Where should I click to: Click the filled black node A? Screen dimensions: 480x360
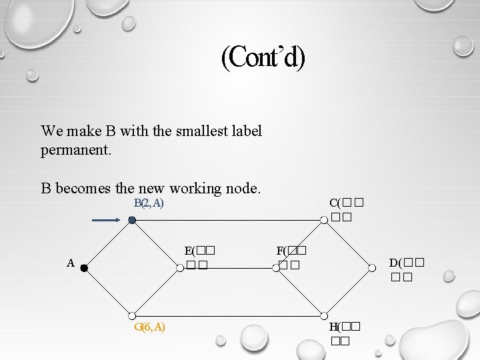click(85, 268)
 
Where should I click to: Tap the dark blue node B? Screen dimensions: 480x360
click(132, 220)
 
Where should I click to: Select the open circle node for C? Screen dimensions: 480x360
click(323, 220)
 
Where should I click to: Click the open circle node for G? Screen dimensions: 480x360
click(132, 316)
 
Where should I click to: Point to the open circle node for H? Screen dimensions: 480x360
click(323, 316)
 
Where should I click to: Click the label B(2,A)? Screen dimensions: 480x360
click(149, 203)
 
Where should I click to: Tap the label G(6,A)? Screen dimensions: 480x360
click(150, 327)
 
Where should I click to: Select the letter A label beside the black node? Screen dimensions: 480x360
click(70, 263)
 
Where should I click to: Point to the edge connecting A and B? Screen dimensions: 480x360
click(108, 244)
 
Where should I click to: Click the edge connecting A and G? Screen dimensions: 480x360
click(108, 292)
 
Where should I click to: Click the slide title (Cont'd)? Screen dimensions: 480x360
click(263, 58)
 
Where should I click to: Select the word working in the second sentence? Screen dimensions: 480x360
click(199, 188)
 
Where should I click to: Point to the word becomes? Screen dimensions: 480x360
click(83, 188)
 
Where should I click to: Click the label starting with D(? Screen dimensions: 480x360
click(407, 268)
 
